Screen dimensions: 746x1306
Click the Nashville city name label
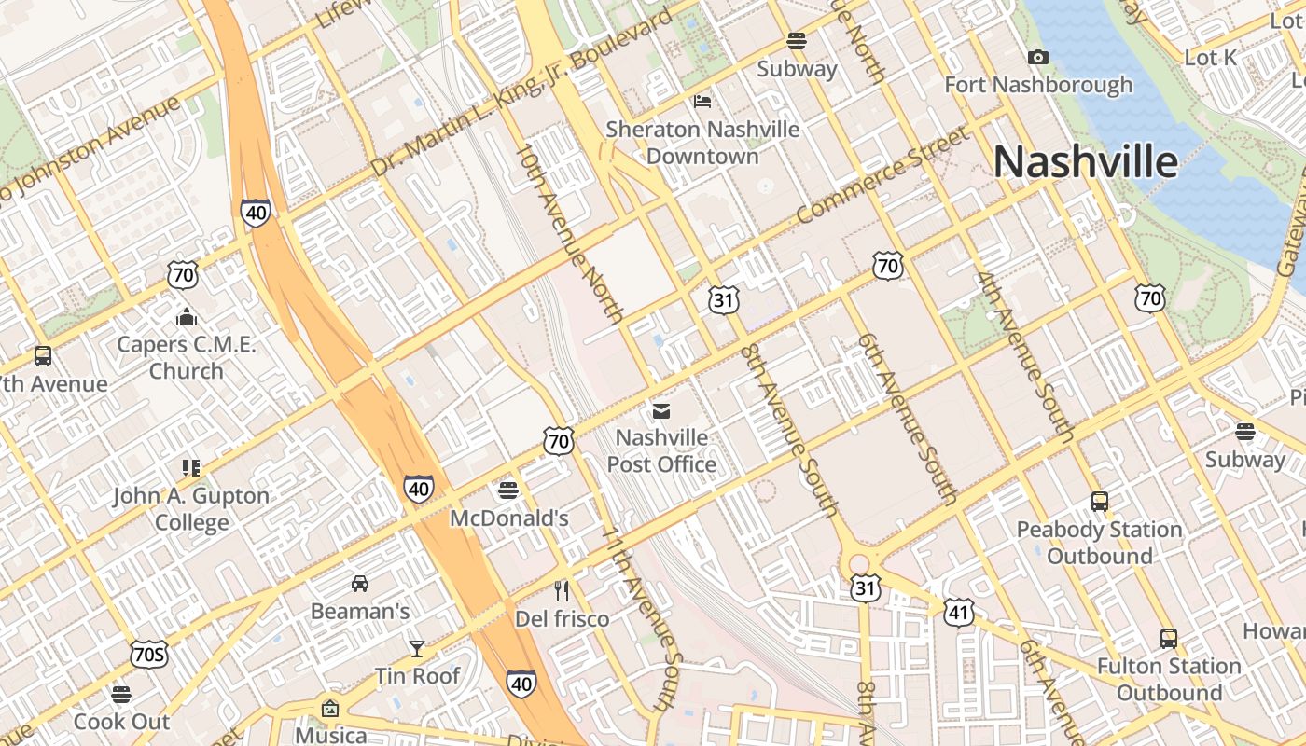(1085, 161)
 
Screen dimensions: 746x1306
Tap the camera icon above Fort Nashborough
(1037, 58)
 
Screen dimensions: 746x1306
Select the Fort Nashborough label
(1038, 85)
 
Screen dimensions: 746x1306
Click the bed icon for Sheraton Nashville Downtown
(702, 101)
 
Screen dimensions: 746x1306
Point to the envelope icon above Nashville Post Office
(661, 410)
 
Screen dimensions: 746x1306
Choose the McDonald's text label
(508, 518)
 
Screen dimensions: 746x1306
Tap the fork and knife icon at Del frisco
(562, 590)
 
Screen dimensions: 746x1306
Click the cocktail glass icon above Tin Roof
(417, 647)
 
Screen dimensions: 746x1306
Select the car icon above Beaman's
(360, 584)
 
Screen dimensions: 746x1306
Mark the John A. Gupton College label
(191, 509)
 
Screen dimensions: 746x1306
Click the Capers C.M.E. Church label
(187, 357)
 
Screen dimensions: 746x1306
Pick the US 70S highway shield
(149, 656)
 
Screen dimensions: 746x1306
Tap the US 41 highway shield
(958, 612)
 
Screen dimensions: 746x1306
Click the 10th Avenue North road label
(568, 233)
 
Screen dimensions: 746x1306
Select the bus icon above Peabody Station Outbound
(1100, 502)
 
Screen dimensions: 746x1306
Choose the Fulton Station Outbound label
(1169, 679)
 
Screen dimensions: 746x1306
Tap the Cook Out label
(121, 721)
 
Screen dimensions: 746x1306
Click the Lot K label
(1210, 58)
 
